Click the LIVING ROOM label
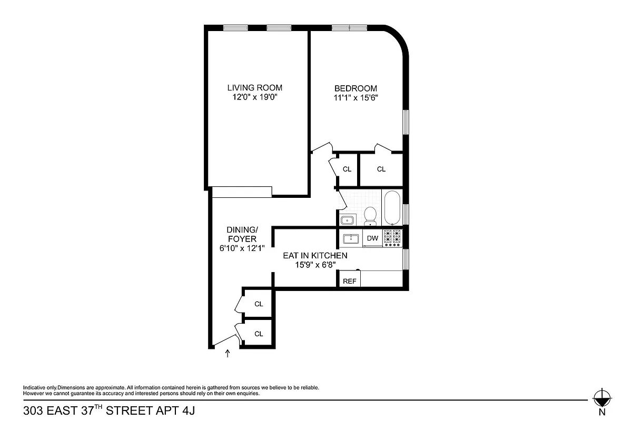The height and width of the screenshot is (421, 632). [x=254, y=88]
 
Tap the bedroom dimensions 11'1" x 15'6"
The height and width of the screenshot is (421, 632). [x=355, y=97]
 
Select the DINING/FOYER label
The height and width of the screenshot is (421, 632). [x=242, y=235]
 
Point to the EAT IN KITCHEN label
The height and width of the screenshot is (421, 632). [x=315, y=255]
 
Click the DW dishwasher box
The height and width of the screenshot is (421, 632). [x=372, y=238]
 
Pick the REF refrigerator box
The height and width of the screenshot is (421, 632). [x=350, y=281]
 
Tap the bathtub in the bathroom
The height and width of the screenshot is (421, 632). [x=391, y=208]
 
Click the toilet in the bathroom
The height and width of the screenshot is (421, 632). [x=371, y=215]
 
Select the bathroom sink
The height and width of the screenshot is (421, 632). [x=348, y=219]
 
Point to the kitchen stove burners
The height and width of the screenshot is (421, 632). [x=392, y=238]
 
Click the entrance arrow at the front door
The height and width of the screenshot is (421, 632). [x=228, y=354]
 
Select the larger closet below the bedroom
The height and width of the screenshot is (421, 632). [x=381, y=169]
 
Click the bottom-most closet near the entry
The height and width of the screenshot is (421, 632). [x=258, y=333]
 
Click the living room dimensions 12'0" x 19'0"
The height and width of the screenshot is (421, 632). [x=254, y=97]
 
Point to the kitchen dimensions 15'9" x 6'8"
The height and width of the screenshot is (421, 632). [x=315, y=265]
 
